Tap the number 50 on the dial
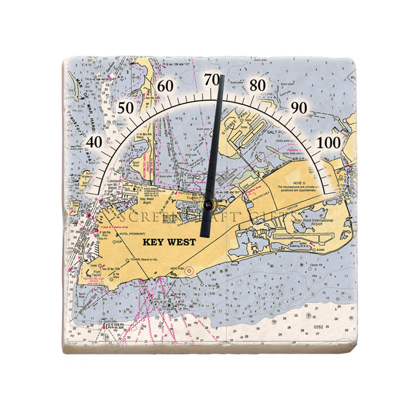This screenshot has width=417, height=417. (x=126, y=108)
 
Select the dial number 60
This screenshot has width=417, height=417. (x=166, y=87)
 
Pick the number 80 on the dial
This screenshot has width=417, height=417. (x=258, y=85)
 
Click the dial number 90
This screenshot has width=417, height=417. (x=298, y=108)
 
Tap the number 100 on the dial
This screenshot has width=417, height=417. (x=330, y=142)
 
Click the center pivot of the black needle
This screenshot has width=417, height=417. (x=208, y=205)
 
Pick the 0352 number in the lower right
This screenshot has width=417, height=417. (x=319, y=327)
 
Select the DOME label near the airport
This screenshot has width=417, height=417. (x=323, y=250)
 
